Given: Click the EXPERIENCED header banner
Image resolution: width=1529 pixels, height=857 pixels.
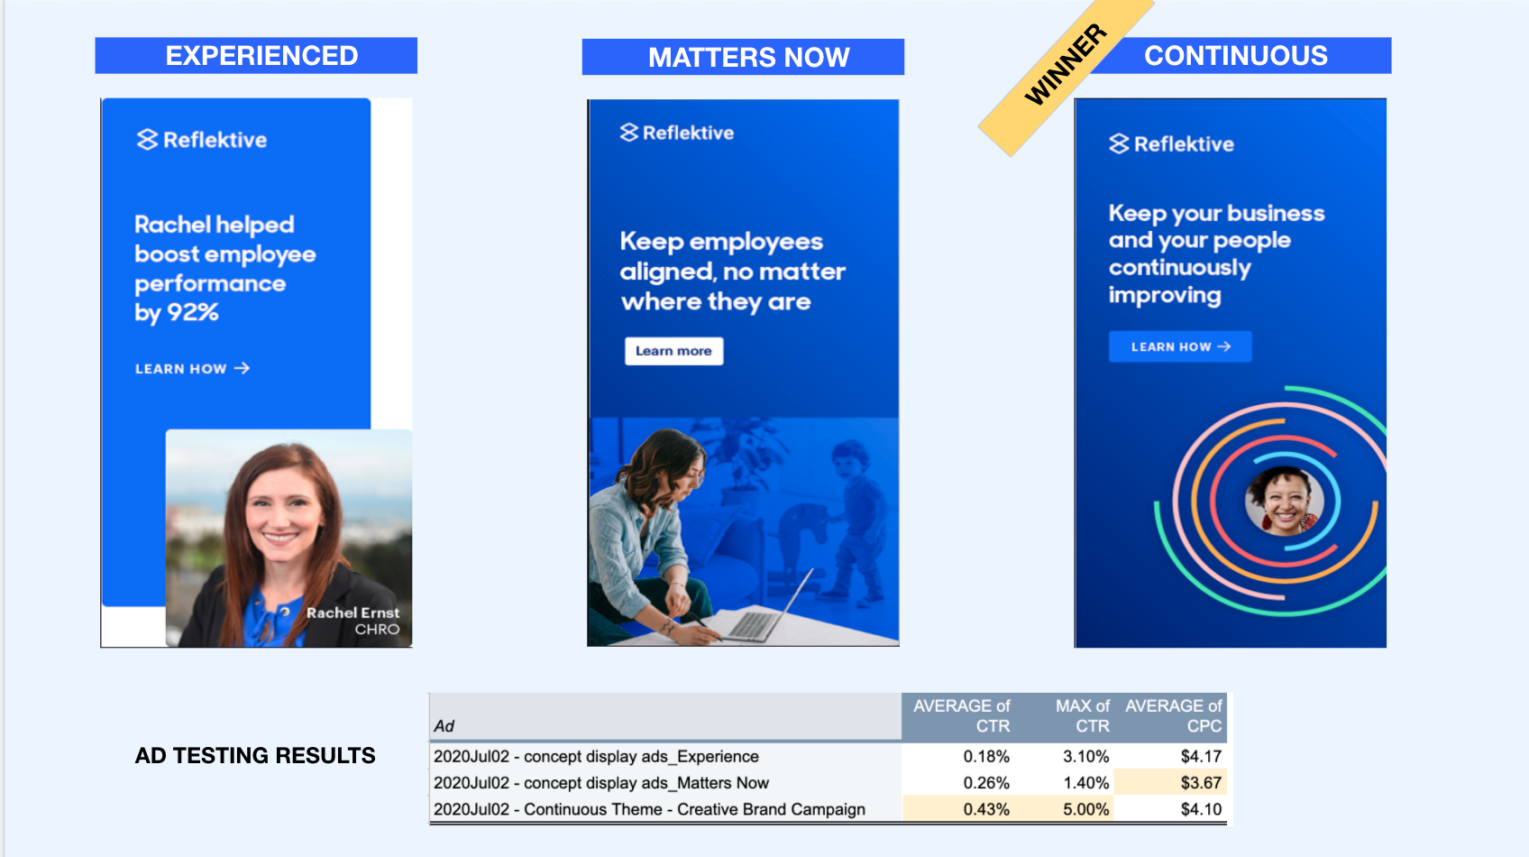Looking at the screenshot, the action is pyautogui.click(x=256, y=55).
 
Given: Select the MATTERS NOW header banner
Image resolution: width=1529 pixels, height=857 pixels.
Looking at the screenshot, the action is pyautogui.click(x=743, y=57).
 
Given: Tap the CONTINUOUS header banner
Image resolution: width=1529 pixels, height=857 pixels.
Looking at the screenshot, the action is pyautogui.click(x=1235, y=55).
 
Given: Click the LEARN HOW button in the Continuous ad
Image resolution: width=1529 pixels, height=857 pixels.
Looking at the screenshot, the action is pyautogui.click(x=1180, y=347).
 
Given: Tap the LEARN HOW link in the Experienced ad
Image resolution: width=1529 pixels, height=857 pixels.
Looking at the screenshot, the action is pyautogui.click(x=193, y=369).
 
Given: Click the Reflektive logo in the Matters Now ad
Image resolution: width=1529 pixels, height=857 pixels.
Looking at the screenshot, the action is pyautogui.click(x=677, y=133).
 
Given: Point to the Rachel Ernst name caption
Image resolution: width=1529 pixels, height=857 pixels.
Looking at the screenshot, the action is pyautogui.click(x=352, y=613).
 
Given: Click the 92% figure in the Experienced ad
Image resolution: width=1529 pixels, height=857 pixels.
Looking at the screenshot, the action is pyautogui.click(x=193, y=313).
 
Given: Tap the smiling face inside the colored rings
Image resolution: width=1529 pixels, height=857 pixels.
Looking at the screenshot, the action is pyautogui.click(x=1284, y=502).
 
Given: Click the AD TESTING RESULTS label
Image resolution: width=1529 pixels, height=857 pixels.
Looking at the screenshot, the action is pyautogui.click(x=255, y=755).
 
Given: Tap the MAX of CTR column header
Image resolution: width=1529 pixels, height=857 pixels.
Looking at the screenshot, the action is pyautogui.click(x=1083, y=715).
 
